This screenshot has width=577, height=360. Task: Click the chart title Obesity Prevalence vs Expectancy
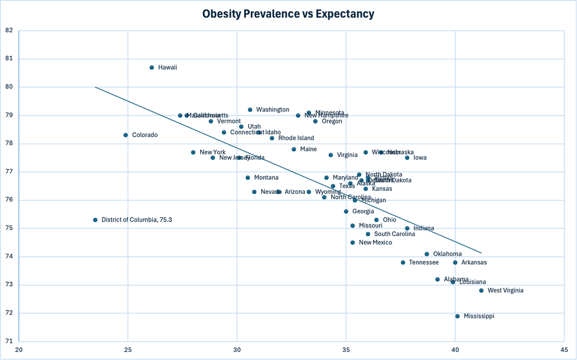[x=288, y=14]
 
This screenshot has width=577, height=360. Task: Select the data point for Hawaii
[x=152, y=67]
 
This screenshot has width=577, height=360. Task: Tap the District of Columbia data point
[x=95, y=220]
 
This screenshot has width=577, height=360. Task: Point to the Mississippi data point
[x=458, y=316]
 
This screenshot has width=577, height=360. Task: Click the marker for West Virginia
[x=481, y=291]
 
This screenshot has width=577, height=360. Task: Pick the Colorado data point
[x=126, y=135]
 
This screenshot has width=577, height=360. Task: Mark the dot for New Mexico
[x=353, y=242]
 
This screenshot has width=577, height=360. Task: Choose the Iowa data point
[x=407, y=157]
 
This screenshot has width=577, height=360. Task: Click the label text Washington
[x=272, y=110]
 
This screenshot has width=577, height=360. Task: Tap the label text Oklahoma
[x=447, y=254]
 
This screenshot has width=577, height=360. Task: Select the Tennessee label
[x=424, y=262]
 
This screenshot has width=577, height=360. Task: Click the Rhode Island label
[x=296, y=138]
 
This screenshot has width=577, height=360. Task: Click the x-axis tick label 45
[x=564, y=350]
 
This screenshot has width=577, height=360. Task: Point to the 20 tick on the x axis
[x=19, y=350]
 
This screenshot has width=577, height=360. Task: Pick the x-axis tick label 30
[x=237, y=350]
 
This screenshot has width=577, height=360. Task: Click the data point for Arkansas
[x=455, y=262]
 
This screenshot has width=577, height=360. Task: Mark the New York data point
[x=193, y=152]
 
